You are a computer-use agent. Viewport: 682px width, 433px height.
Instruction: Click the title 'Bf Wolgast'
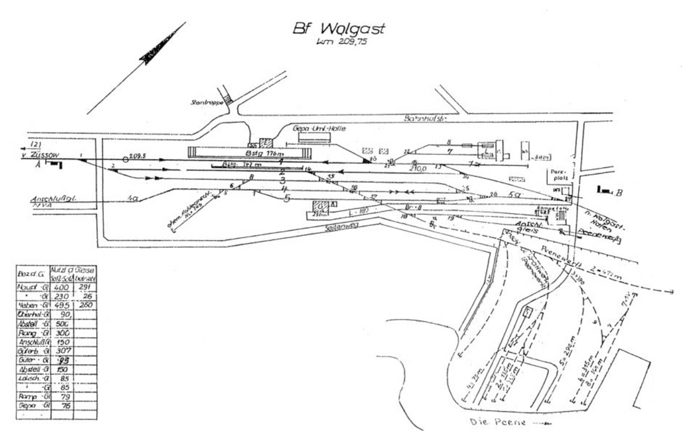click(x=338, y=30)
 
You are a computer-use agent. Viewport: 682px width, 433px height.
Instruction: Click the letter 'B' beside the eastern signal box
click(x=619, y=193)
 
